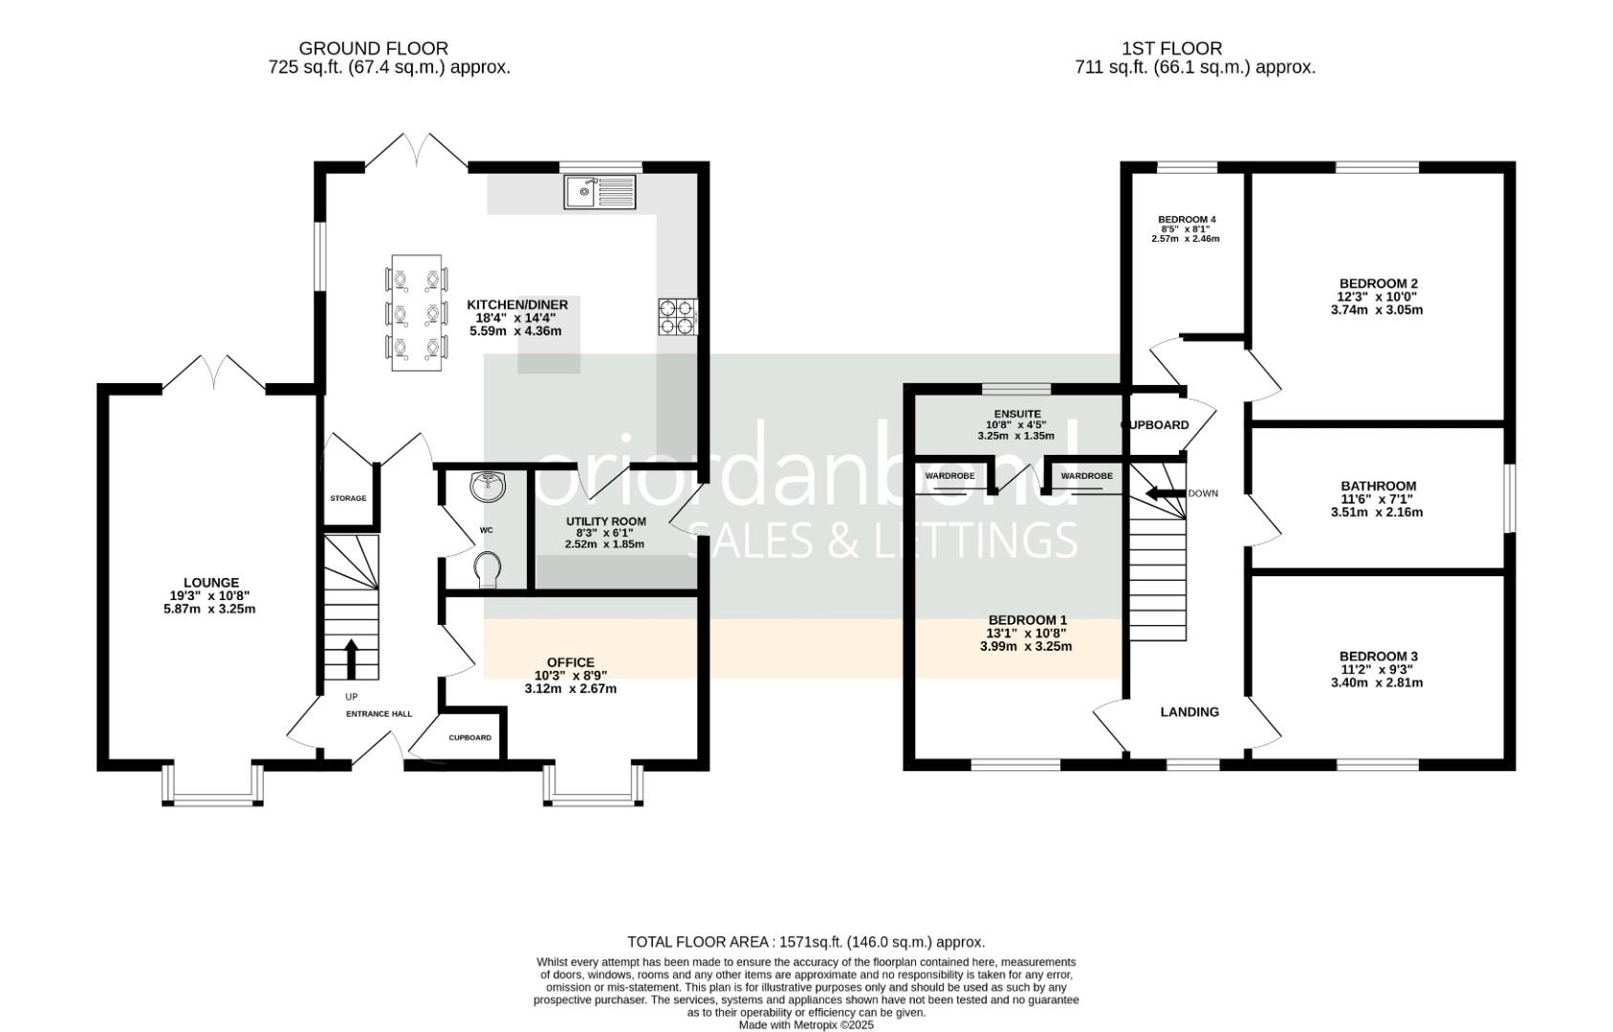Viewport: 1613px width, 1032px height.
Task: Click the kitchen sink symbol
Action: tap(599, 192)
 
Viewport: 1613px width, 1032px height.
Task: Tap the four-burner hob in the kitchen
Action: tap(677, 317)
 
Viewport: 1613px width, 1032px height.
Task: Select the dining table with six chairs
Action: tap(416, 312)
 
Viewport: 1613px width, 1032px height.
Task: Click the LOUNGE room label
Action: tap(211, 583)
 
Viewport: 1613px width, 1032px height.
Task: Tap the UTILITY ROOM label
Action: tap(605, 522)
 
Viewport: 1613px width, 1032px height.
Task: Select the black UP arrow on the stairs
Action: tap(351, 658)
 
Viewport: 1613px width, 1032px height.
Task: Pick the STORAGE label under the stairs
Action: tap(348, 499)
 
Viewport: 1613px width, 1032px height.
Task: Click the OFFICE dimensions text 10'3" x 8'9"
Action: tap(571, 676)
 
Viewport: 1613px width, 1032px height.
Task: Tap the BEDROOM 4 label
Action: tap(1186, 220)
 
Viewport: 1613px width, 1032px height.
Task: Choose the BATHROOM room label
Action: tap(1377, 486)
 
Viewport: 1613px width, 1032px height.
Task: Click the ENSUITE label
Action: tap(1016, 415)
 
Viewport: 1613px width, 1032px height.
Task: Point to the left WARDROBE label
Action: tap(949, 476)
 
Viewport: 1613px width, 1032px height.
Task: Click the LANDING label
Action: tap(1189, 712)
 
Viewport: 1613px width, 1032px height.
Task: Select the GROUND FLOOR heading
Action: tap(373, 48)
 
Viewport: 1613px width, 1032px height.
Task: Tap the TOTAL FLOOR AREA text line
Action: tap(805, 942)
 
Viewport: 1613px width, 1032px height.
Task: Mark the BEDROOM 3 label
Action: tap(1378, 656)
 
